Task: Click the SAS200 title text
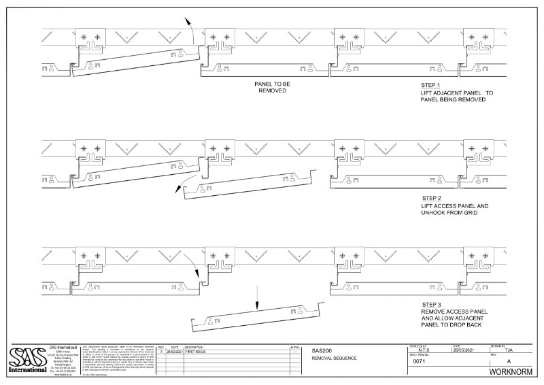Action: pyautogui.click(x=322, y=351)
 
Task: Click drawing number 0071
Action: pyautogui.click(x=420, y=362)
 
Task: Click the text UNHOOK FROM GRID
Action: pyautogui.click(x=449, y=212)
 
